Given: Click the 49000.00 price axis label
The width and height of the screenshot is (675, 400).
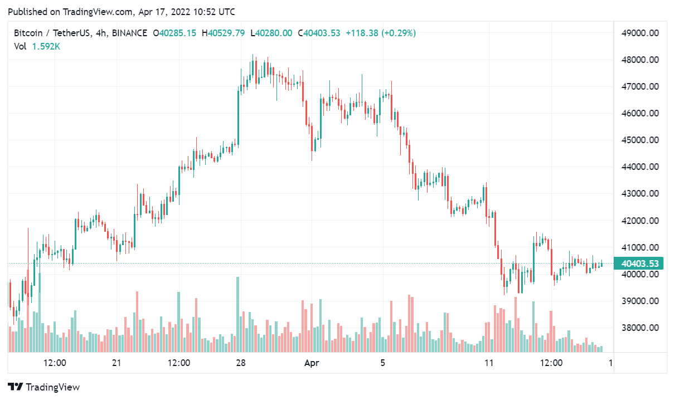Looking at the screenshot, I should click(x=640, y=33).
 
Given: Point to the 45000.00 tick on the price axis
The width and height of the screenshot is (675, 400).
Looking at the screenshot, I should click(x=640, y=140).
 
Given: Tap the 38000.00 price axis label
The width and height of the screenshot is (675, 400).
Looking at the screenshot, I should click(x=640, y=328).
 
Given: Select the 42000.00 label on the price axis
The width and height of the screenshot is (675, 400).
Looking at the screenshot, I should click(x=640, y=221).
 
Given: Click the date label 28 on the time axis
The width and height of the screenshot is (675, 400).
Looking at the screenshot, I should click(x=241, y=363).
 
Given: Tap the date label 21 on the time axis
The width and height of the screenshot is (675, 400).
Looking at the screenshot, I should click(x=116, y=363).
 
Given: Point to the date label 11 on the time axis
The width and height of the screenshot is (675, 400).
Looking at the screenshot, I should click(x=489, y=363).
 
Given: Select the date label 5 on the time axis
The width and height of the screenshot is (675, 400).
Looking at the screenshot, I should click(x=382, y=363).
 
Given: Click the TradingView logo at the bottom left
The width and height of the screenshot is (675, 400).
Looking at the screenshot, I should click(x=44, y=387).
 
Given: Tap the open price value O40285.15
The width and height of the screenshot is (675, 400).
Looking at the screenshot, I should click(x=174, y=33).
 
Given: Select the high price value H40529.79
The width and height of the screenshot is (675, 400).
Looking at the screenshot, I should click(x=223, y=33).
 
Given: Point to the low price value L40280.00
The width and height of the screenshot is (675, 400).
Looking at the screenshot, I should click(x=271, y=33).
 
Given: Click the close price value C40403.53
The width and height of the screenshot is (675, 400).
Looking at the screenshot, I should click(x=319, y=33).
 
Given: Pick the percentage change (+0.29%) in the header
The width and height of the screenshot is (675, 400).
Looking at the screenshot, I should click(x=399, y=33).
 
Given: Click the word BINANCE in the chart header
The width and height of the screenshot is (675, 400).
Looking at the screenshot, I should click(x=129, y=33).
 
